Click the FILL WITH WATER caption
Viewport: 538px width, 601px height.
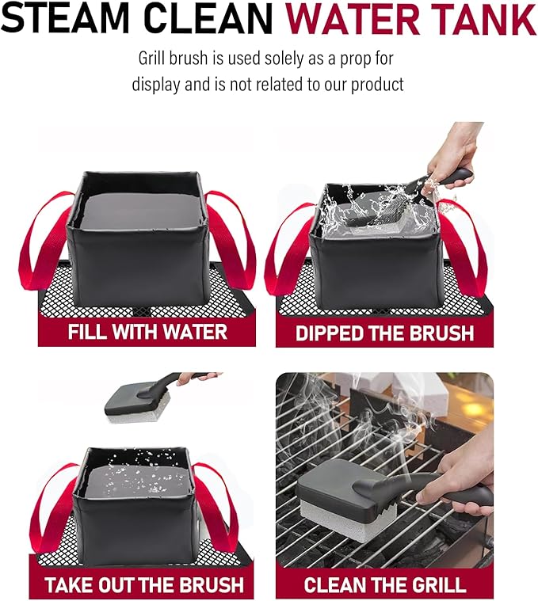[147, 331]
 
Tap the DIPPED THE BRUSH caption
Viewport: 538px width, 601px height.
[384, 332]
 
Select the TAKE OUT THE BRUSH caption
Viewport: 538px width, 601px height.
[144, 585]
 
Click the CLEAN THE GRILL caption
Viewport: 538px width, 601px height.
[385, 585]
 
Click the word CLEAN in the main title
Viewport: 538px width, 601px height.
[191, 21]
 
